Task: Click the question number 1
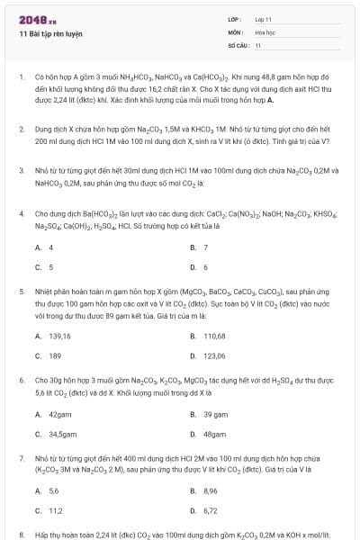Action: coord(21,78)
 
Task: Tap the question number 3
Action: coord(21,169)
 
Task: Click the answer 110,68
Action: coord(214,336)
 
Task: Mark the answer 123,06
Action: coord(214,356)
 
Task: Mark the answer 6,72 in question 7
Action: coord(210,511)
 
